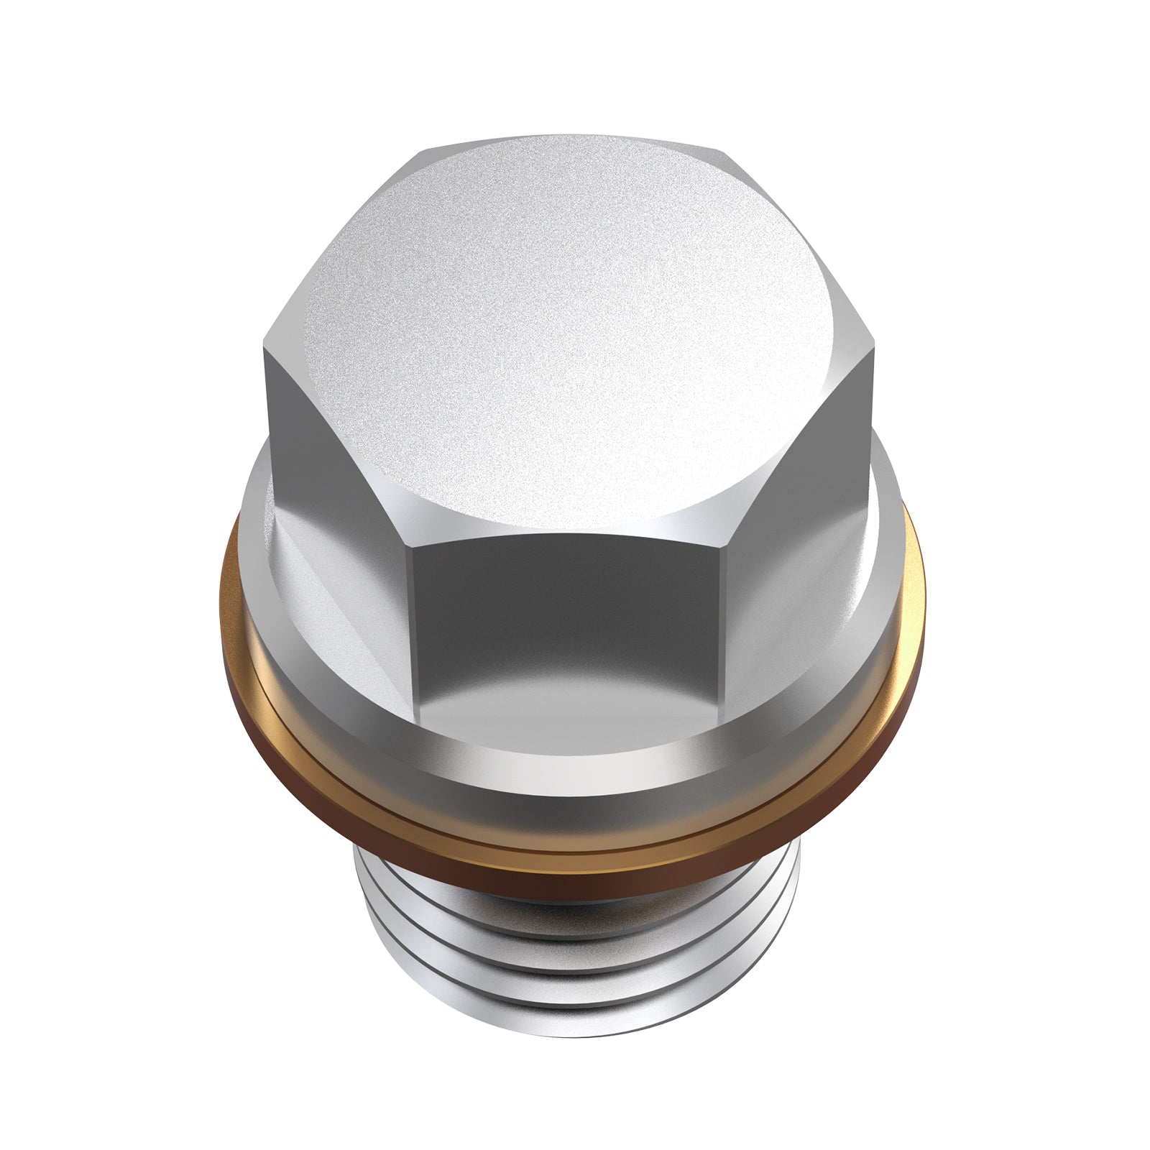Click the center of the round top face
(571, 338)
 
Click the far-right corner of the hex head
(878, 349)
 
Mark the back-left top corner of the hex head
(420, 151)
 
